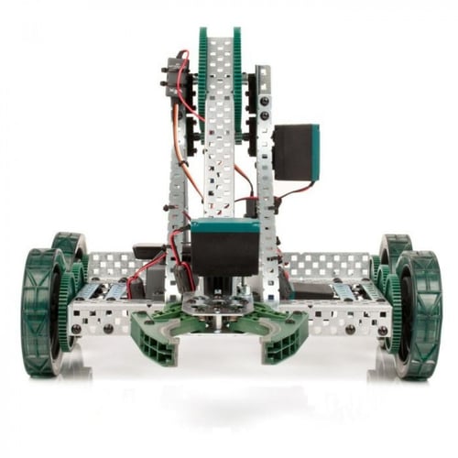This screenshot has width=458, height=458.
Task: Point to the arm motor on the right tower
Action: pyautogui.click(x=295, y=151)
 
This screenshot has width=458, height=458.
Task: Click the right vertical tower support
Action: pyautogui.click(x=264, y=183)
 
